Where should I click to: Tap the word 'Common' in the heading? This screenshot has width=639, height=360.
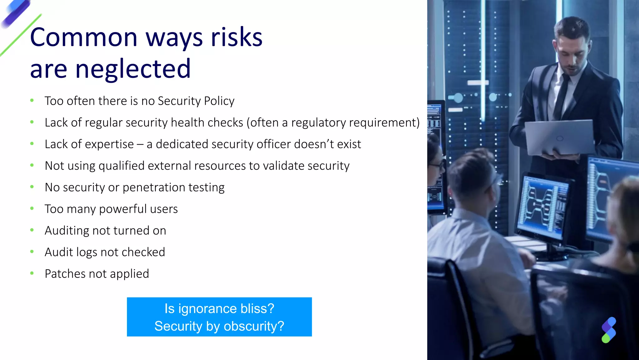[x=84, y=37]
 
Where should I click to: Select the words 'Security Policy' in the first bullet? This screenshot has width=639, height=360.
[x=196, y=101]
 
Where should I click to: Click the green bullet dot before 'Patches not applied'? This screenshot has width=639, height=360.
[x=32, y=273]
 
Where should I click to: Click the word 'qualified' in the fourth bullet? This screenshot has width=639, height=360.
[x=121, y=166]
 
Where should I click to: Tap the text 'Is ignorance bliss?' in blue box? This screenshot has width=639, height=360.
[x=219, y=309]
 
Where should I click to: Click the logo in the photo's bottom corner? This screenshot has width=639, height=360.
[x=608, y=330]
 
